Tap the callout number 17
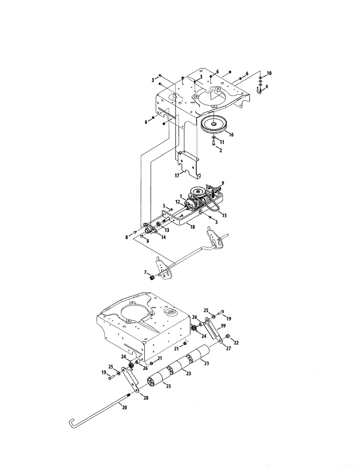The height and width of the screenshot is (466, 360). pos(177,176)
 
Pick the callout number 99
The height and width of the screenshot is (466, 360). pos(223,325)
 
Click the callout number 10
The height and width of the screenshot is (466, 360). pos(270,73)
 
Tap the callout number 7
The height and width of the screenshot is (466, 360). pos(146,272)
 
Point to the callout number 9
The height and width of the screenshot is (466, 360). pos(223,183)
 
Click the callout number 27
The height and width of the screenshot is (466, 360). pos(228,349)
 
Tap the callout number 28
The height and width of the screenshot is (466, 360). pos(146,398)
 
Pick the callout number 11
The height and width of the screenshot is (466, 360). pos(223,142)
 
